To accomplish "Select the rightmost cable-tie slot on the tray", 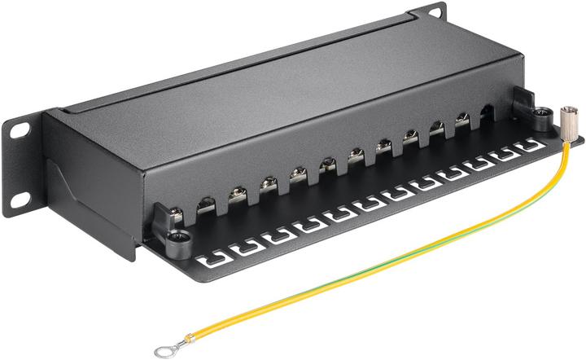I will coord(530,147).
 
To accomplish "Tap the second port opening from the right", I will coord(461,123).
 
